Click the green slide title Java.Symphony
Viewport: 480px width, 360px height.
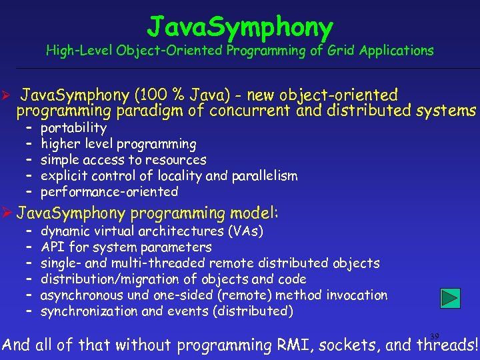(x=240, y=27)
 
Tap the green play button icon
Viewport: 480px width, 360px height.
(x=451, y=299)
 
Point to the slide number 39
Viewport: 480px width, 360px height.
(x=435, y=335)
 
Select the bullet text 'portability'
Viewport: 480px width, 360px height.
(x=73, y=127)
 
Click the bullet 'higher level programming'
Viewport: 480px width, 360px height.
(x=119, y=143)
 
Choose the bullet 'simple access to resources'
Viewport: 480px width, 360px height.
(x=123, y=159)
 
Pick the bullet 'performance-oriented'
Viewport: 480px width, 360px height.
(x=109, y=191)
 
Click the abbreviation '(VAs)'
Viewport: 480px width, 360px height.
(x=246, y=231)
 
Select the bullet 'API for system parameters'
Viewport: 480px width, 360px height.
(x=126, y=247)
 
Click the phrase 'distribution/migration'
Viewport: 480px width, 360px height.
(x=106, y=279)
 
